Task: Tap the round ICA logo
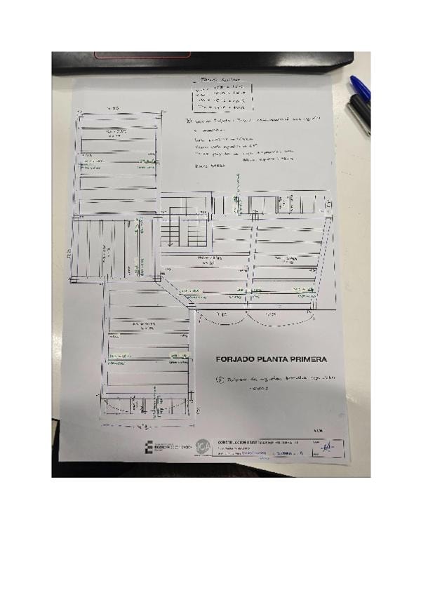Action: [x=203, y=445]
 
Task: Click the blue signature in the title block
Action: [x=324, y=446]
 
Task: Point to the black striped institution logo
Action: [x=149, y=447]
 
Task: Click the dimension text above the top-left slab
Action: [x=113, y=108]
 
